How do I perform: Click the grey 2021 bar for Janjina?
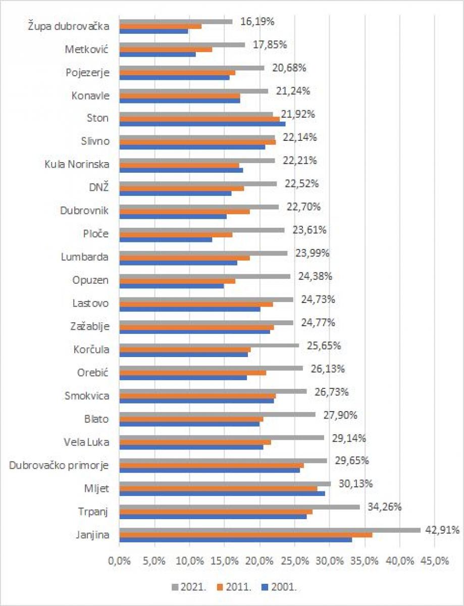click(270, 530)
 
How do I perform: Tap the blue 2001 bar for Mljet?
click(222, 493)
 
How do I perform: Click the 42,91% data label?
click(442, 530)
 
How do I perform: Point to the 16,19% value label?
click(257, 21)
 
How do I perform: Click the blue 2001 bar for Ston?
click(202, 124)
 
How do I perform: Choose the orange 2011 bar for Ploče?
click(176, 234)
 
